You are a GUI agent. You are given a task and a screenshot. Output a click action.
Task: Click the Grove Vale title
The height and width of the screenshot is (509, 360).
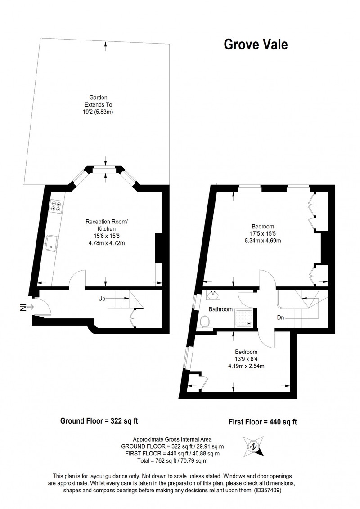point(256,45)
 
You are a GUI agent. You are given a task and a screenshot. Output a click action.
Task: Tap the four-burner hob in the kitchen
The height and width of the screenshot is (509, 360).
point(56,206)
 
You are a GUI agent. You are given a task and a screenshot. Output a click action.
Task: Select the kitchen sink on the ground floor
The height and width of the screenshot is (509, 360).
point(51,243)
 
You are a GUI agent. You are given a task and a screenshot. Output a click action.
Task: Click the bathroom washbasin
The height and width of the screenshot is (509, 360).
point(213,295)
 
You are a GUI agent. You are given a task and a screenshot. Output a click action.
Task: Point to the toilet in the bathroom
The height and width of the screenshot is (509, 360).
point(205,322)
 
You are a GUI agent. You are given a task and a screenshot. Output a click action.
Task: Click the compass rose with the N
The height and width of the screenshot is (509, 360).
point(253,446)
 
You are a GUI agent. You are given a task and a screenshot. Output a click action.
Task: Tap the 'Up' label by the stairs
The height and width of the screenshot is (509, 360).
point(102,299)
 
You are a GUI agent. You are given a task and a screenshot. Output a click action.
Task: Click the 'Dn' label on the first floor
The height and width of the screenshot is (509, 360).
point(281,317)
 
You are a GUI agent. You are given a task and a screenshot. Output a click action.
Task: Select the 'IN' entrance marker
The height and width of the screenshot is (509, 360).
point(23,307)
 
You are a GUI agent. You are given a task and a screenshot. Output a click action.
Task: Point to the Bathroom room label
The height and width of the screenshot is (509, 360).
point(220,309)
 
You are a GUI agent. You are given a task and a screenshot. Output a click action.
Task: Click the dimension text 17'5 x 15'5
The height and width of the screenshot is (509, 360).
point(263,233)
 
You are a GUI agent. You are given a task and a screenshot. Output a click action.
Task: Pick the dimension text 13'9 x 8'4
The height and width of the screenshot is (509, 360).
point(246,359)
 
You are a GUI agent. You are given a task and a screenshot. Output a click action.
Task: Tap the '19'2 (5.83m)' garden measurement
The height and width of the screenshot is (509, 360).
point(99,112)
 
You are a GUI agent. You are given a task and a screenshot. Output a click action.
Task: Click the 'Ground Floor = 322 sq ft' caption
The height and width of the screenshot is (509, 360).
point(99,421)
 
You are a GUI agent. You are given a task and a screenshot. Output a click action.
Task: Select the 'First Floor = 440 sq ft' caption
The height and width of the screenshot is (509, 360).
point(263,422)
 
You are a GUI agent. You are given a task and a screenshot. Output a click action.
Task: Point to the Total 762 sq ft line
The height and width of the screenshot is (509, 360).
point(173,460)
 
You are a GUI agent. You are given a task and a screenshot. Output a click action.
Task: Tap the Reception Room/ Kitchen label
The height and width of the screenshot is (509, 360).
point(107,225)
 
